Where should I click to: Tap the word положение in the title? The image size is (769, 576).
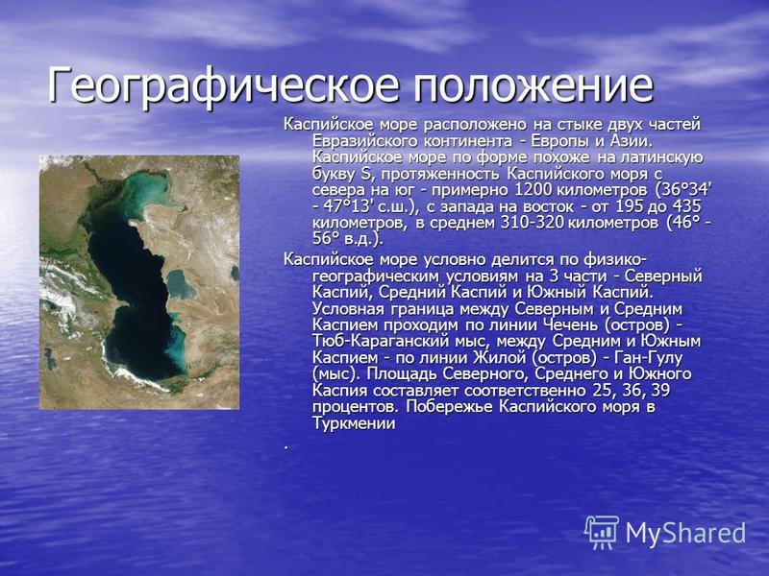click(x=533, y=85)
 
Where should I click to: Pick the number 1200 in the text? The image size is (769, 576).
click(x=534, y=190)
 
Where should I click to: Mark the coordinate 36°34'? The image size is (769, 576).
click(x=689, y=190)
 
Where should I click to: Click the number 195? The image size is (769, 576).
click(x=629, y=206)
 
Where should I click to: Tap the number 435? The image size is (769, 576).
click(x=686, y=206)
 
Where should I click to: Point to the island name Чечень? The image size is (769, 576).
click(x=571, y=324)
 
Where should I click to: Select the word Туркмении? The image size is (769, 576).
click(x=354, y=423)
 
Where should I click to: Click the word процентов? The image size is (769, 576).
click(x=353, y=407)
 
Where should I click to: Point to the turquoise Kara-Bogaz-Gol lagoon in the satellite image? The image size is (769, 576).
click(x=179, y=284)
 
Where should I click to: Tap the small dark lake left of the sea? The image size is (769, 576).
click(x=50, y=359)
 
